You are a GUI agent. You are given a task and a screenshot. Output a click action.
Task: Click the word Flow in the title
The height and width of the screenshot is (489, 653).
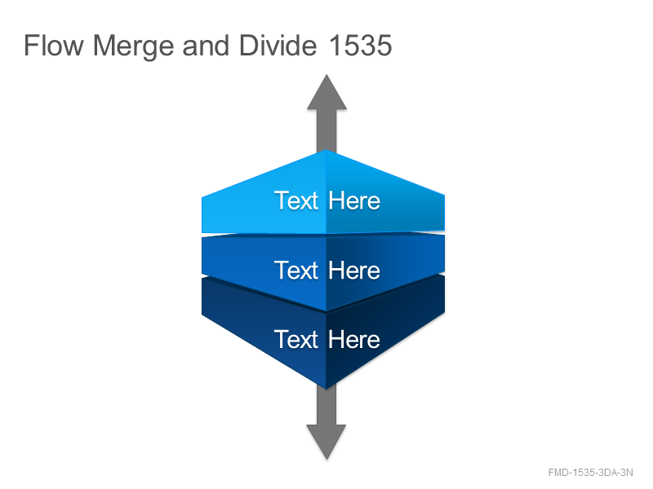point(54,45)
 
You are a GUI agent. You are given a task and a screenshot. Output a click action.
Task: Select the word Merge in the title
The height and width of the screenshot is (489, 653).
point(133,46)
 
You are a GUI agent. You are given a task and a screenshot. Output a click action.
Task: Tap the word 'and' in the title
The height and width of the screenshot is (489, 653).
point(206,45)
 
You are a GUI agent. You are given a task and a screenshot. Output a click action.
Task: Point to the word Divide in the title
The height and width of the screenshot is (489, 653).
point(278,45)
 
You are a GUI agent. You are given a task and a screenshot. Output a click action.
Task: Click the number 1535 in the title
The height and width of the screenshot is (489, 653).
point(360,45)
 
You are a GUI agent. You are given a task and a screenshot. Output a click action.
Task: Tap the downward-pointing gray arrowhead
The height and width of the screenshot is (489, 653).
point(326,442)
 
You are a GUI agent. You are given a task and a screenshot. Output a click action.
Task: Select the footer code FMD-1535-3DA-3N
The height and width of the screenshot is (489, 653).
point(590,473)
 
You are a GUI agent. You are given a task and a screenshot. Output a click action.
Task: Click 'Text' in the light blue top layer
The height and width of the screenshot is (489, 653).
point(296,200)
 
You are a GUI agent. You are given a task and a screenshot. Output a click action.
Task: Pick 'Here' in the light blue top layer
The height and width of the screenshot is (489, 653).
point(354,200)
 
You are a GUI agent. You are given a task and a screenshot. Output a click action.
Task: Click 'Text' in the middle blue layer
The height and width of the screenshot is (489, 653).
point(296,271)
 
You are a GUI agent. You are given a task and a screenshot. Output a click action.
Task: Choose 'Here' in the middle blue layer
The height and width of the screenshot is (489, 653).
point(354,271)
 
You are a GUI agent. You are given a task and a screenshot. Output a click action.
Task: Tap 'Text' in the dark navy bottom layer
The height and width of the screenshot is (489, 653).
point(296,339)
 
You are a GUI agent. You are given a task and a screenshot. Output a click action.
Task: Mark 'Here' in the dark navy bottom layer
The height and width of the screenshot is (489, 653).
point(354,339)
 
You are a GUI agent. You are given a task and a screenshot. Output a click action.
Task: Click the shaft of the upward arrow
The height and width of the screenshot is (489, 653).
point(327,130)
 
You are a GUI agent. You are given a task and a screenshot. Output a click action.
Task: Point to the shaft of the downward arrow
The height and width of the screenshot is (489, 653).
point(326,405)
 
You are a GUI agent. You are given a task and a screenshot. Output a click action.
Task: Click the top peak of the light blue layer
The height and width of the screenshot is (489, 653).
point(326,150)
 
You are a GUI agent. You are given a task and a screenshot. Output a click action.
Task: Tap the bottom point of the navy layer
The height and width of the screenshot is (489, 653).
point(326,389)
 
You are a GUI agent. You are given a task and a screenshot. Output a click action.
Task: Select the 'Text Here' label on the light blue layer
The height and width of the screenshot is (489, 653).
point(327,200)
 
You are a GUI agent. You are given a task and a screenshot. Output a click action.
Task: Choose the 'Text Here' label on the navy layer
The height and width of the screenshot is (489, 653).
point(327,339)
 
